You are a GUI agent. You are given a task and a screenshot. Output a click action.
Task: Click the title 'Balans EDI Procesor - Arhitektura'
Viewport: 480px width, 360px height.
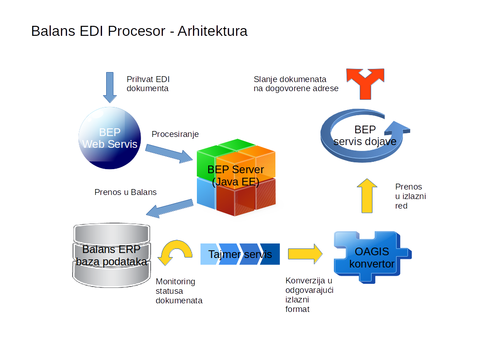(x=139, y=31)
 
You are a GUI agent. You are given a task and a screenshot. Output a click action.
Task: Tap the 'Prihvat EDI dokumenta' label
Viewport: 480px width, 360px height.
(x=148, y=84)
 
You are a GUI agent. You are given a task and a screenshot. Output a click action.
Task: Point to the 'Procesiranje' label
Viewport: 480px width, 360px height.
(x=175, y=134)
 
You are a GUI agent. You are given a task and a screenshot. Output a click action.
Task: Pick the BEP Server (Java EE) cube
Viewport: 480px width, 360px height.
(x=236, y=177)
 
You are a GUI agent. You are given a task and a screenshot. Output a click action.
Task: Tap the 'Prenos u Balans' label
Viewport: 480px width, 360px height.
(x=126, y=192)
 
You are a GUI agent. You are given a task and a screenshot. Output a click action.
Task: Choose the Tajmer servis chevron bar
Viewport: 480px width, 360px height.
(x=240, y=254)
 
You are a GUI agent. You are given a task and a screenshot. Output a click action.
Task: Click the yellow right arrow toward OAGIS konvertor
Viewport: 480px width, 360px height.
(x=305, y=253)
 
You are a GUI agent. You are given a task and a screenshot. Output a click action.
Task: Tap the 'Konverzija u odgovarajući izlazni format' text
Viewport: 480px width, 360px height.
(x=309, y=295)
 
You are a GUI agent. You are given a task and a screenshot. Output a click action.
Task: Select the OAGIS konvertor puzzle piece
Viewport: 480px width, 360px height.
(x=371, y=257)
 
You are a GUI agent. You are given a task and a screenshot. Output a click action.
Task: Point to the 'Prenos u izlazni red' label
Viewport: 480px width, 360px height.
(x=410, y=196)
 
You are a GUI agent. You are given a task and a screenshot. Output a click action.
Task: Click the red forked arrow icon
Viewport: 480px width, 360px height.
(x=365, y=83)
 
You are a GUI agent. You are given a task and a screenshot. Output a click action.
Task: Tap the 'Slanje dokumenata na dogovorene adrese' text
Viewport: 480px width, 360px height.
(x=296, y=84)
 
